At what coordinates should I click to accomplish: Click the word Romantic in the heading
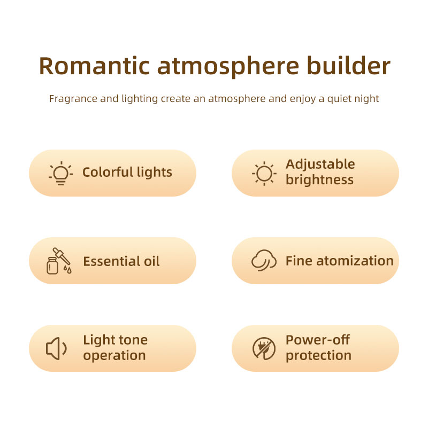(x=93, y=66)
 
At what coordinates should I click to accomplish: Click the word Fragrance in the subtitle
(x=71, y=99)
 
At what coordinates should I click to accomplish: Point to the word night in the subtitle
(x=366, y=99)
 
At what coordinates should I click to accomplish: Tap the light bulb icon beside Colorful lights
(x=61, y=173)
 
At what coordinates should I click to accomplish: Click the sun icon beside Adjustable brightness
(x=264, y=173)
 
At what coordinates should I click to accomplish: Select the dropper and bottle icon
(x=58, y=261)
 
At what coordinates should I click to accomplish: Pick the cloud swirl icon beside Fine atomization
(x=264, y=261)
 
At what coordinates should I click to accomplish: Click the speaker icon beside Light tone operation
(x=56, y=348)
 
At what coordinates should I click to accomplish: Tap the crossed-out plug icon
(x=264, y=348)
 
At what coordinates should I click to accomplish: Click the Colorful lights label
(x=127, y=172)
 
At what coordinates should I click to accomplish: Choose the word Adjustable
(x=320, y=164)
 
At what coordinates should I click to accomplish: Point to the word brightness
(x=319, y=180)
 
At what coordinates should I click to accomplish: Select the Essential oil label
(x=121, y=261)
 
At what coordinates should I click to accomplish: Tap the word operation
(x=114, y=356)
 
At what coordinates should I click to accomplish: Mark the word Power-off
(x=318, y=340)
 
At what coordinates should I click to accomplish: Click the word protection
(x=318, y=356)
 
